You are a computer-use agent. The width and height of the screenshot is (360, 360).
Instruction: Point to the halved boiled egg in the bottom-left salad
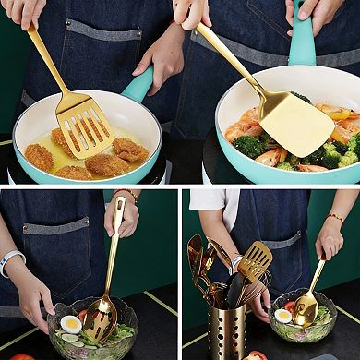point(70,324)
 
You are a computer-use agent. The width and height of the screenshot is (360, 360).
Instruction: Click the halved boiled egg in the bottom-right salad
point(283,316)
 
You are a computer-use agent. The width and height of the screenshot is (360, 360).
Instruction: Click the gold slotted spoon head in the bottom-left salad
point(100,318)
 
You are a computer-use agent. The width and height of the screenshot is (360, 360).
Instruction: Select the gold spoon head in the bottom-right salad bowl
point(306,309)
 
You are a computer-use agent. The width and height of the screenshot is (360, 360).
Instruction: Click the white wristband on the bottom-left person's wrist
point(11,262)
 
